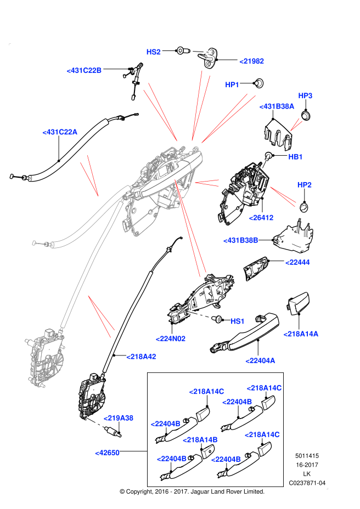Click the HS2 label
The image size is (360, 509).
point(153,52)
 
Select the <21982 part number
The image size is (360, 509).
point(251,61)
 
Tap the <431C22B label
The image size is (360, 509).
point(84,71)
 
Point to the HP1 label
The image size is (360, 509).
point(232,85)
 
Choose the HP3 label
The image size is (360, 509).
point(305,96)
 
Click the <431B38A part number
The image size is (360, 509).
point(277,106)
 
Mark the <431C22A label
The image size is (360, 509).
point(60,132)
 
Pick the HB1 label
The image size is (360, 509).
point(295,157)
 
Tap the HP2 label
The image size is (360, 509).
point(305,185)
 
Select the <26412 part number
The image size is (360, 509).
point(261,218)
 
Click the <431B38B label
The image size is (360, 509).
point(240,240)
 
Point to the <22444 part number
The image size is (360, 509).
point(297,262)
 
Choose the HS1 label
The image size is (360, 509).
point(237,321)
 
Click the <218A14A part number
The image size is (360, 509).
point(301,334)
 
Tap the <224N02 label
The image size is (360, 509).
point(170,339)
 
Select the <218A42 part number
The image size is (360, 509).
point(141,357)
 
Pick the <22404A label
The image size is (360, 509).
point(260,360)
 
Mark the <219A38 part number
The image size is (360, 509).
point(118,418)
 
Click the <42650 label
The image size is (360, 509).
point(107,453)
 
